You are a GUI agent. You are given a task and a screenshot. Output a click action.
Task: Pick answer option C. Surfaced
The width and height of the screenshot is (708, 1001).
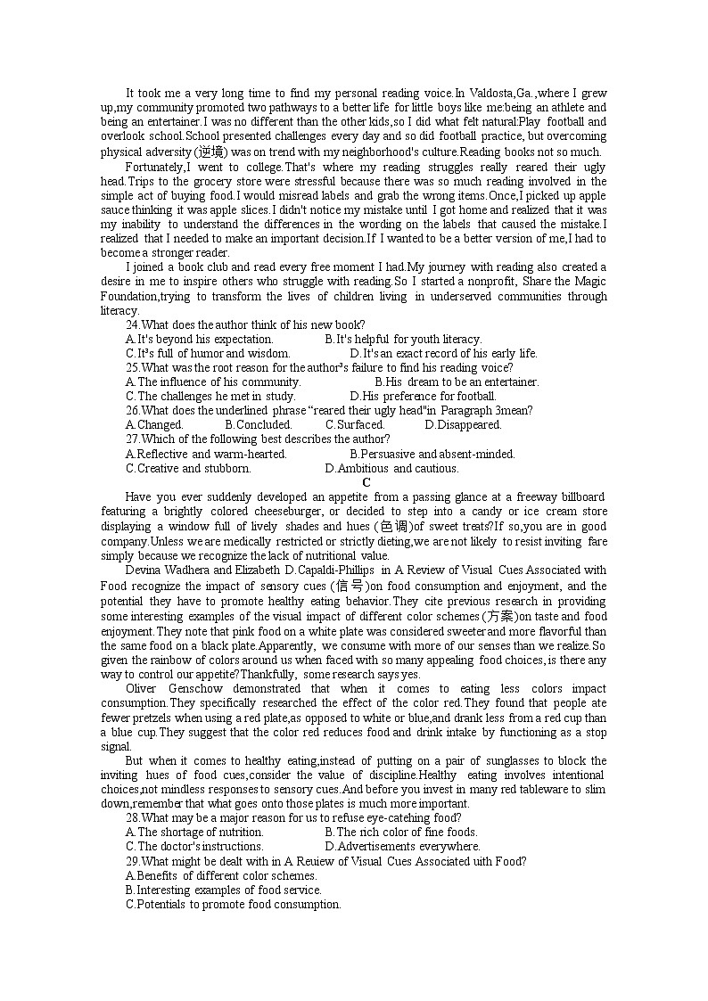click(355, 425)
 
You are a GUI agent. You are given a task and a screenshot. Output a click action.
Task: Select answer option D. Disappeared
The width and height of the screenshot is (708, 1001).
click(463, 425)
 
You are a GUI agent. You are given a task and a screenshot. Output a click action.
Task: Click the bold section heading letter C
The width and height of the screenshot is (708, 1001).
click(366, 482)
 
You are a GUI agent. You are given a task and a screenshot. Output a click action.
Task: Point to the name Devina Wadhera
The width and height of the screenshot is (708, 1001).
click(167, 570)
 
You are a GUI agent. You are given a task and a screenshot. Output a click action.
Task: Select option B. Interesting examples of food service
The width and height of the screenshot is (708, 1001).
click(224, 890)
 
